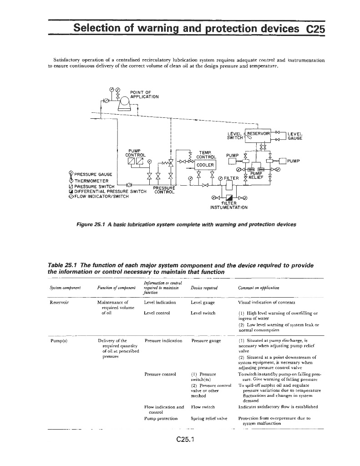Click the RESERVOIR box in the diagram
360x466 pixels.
259,134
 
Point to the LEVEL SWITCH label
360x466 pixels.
235,136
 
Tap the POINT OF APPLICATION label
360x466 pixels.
144,94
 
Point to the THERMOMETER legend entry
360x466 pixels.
91,180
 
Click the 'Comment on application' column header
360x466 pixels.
259,288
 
